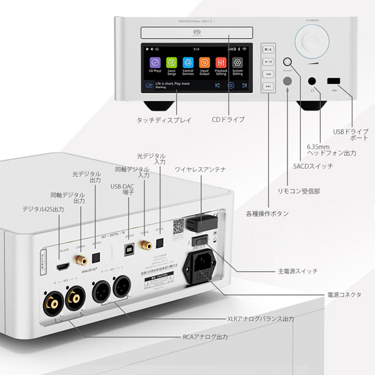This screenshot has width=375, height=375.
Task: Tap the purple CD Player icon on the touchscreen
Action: pyautogui.click(x=154, y=62)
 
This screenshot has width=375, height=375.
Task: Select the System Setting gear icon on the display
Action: pyautogui.click(x=237, y=62)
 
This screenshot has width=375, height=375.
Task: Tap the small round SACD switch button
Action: pyautogui.click(x=287, y=62)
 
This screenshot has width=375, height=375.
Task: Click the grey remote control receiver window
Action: pyautogui.click(x=287, y=81)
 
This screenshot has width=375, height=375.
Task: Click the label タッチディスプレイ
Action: pyautogui.click(x=164, y=119)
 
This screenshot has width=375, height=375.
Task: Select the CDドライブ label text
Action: pyautogui.click(x=228, y=119)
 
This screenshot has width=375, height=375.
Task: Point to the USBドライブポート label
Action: pyautogui.click(x=351, y=135)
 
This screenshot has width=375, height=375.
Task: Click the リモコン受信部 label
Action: pyautogui.click(x=299, y=191)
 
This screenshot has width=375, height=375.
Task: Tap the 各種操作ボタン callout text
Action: pyautogui.click(x=267, y=214)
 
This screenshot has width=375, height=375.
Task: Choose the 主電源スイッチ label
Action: pyautogui.click(x=298, y=272)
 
